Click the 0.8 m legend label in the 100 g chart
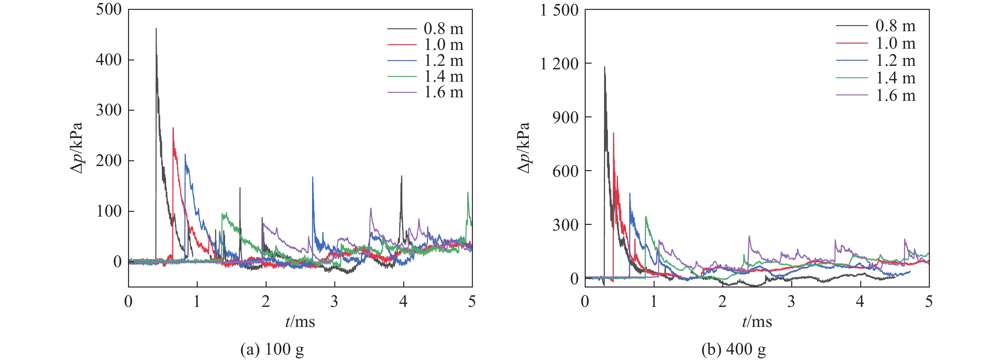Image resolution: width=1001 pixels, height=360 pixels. [443, 28]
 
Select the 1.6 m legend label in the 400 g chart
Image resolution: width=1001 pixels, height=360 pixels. [895, 95]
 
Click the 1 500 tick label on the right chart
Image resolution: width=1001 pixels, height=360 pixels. [559, 10]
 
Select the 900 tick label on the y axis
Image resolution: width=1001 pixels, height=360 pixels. [565, 117]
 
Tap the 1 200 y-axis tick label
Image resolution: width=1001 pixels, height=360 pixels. [559, 63]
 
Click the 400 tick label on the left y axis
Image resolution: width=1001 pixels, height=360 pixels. [109, 60]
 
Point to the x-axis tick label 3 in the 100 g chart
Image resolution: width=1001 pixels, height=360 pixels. [334, 301]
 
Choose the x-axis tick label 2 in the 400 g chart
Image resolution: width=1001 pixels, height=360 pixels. [722, 301]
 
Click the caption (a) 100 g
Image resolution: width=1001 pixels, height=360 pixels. [272, 349]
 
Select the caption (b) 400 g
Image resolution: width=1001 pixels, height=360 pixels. [733, 349]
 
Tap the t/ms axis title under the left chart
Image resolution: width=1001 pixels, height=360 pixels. [300, 322]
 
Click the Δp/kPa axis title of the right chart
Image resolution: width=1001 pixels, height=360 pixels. [524, 148]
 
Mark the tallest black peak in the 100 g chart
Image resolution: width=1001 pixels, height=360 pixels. [156, 29]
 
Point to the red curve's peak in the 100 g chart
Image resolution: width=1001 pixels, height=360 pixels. [173, 128]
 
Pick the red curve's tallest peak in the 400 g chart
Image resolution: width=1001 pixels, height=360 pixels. [614, 133]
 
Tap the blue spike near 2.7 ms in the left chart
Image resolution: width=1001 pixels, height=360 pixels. [312, 177]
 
